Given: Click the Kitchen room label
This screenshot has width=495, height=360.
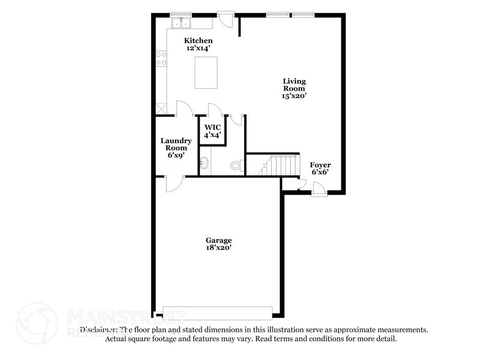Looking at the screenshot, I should point(199,41).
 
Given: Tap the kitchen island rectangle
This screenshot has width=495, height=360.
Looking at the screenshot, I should point(205,72).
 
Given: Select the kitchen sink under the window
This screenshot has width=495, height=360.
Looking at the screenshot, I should point(182,24).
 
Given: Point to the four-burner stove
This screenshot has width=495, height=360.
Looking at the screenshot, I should point(162,59).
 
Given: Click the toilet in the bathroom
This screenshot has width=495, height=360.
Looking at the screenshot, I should point(237,165).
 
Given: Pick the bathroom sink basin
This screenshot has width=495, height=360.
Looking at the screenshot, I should point(206,163).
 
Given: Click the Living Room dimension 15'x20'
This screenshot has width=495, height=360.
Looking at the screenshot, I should point(294,96).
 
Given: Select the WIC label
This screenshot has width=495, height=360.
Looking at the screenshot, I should point(212,127).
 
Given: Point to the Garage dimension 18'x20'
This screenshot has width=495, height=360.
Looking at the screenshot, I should point(218,248).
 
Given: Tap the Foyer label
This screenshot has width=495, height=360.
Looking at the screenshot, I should point(320,165).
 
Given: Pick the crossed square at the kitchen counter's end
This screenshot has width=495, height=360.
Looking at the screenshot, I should point(162,108).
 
